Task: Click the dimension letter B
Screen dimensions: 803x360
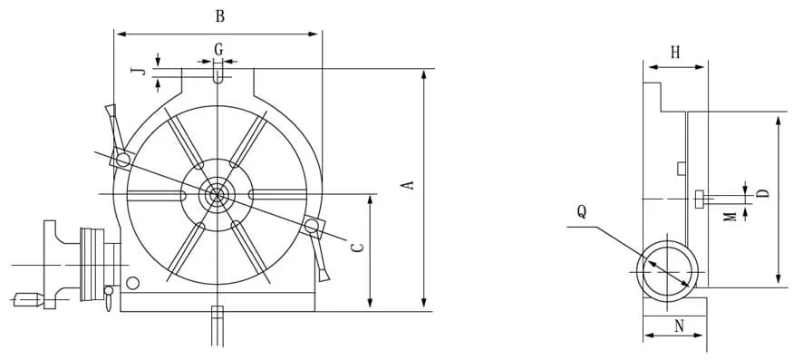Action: pos(219,16)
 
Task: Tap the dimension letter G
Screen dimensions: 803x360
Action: pos(218,50)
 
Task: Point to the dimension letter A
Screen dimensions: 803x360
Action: pos(409,185)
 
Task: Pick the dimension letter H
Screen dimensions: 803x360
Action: pos(675,52)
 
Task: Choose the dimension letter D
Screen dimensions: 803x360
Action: pos(763,193)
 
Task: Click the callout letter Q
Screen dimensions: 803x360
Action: pos(582,211)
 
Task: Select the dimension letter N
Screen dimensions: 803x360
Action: pos(679,326)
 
